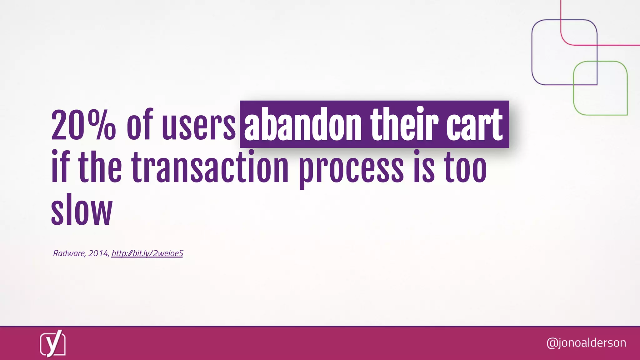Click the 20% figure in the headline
coord(83,125)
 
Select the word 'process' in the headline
coord(351,169)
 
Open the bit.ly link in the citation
coord(147,253)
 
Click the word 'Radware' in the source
coord(69,253)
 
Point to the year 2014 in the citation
coord(98,253)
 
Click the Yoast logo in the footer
coord(52,343)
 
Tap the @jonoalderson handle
coord(586,343)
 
